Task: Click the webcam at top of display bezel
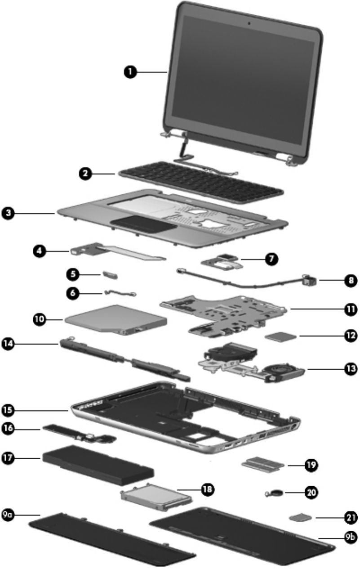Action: (x=249, y=21)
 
